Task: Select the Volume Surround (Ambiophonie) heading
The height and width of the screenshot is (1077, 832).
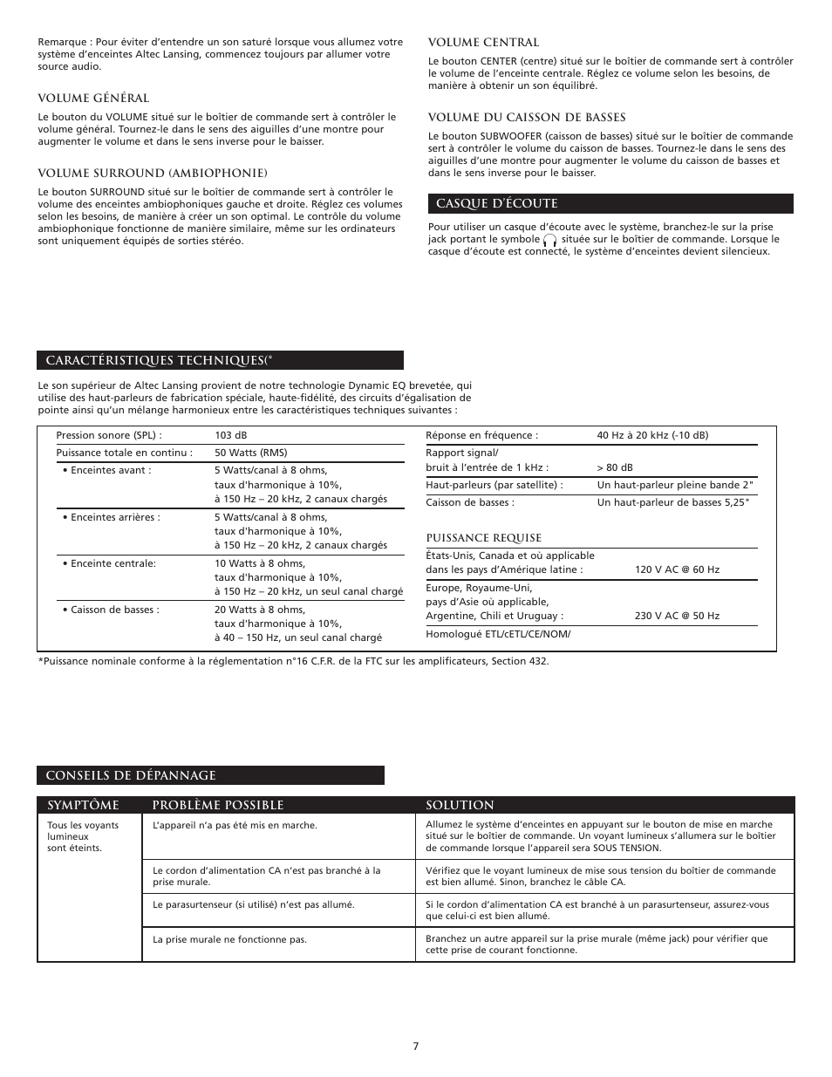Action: tap(152, 173)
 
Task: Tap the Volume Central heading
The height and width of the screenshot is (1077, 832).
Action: tap(483, 43)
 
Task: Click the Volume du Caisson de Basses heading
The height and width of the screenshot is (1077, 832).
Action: tap(527, 118)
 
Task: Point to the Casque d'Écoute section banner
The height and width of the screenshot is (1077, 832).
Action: tap(610, 204)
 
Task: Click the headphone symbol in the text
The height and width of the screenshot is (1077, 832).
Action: tap(549, 240)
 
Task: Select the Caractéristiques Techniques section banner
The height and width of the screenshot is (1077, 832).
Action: tap(220, 360)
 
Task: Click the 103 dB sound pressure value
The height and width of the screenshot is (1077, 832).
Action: tap(231, 435)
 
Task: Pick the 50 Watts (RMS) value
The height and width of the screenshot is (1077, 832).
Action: tap(251, 453)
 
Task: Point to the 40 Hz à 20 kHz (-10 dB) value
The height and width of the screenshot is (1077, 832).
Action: tap(652, 435)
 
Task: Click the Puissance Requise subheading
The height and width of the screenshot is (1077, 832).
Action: tap(483, 538)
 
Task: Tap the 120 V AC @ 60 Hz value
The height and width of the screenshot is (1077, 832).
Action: tap(677, 569)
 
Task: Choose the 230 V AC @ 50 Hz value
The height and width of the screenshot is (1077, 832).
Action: tap(677, 616)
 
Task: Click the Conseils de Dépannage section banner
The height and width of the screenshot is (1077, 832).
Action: tap(210, 775)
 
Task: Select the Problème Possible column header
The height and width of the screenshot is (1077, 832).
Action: tap(217, 805)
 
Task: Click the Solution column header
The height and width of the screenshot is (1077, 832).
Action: tap(460, 805)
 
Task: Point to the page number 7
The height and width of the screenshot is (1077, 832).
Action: tap(416, 1046)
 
